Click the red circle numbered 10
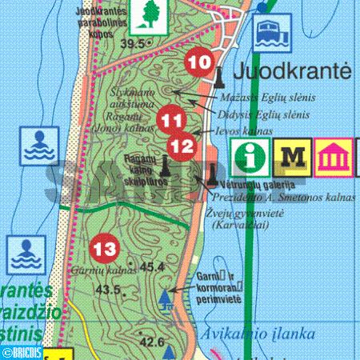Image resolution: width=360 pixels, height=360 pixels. coord(200,62)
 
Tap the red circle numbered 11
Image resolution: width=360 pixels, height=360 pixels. coord(170,119)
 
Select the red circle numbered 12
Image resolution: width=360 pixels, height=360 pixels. coord(182,145)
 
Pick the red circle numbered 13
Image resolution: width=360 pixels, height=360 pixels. coord(105,248)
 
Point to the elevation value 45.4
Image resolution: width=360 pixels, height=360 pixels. coord(151,266)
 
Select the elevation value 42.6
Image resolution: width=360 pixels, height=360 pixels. coord(152,342)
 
